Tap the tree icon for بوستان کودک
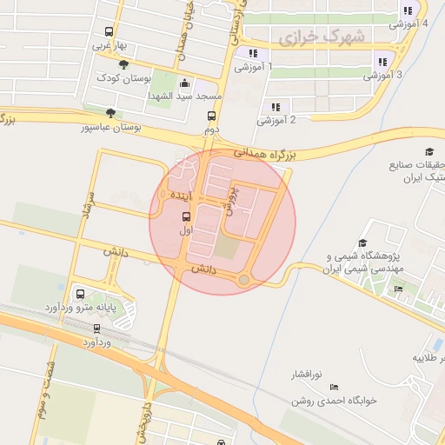click(x=123, y=64)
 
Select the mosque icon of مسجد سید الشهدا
click(x=183, y=83)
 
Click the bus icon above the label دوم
click(x=211, y=116)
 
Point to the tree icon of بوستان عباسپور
click(x=110, y=113)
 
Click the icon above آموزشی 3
click(x=382, y=62)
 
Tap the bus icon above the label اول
click(x=186, y=216)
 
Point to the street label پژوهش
click(x=232, y=198)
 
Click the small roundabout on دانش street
click(x=244, y=279)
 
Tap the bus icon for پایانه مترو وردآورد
click(x=81, y=294)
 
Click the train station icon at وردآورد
click(x=96, y=329)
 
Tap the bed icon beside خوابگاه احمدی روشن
click(x=335, y=388)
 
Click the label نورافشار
click(x=306, y=375)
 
